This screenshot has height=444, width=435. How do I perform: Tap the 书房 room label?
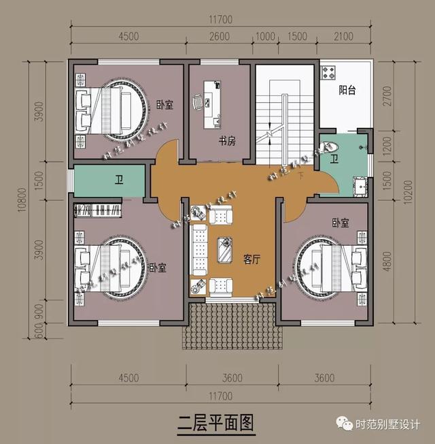227,141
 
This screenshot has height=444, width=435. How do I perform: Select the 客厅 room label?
252,259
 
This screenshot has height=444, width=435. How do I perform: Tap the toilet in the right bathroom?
328,146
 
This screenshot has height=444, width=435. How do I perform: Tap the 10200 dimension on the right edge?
406,197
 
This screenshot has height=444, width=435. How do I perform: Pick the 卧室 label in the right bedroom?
341,223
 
